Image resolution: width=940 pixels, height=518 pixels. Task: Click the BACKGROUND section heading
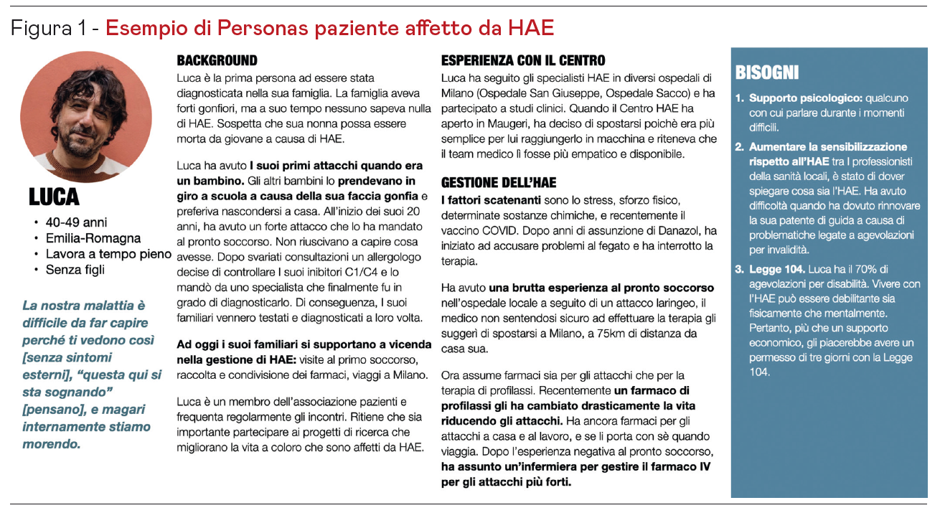pos(217,61)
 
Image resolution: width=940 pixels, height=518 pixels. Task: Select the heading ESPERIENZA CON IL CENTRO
pos(523,61)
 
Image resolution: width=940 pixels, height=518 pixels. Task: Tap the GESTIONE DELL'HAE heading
pos(499,183)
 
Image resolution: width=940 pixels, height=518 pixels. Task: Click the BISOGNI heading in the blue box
pos(766,73)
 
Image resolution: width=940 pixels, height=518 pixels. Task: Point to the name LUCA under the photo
pos(54,197)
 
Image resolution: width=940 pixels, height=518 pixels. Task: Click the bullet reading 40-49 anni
pos(75,222)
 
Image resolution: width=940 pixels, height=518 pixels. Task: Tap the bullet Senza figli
pos(75,270)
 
